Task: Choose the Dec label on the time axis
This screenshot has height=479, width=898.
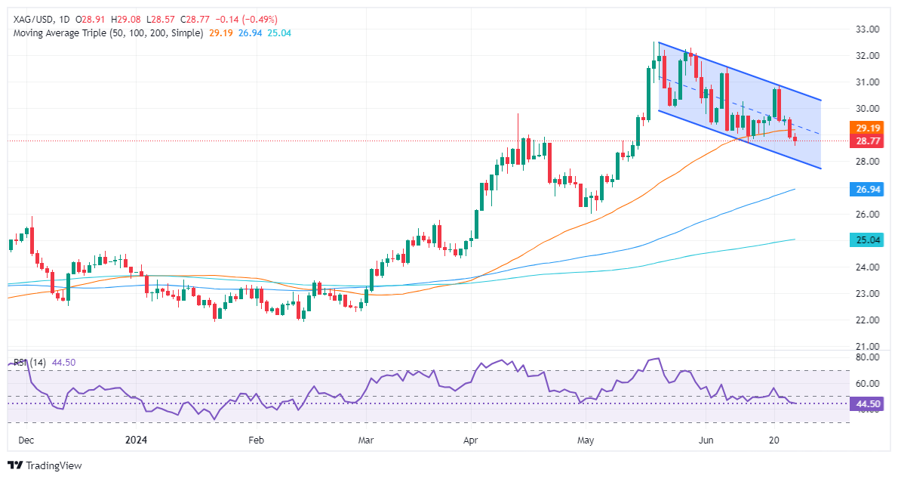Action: coord(26,439)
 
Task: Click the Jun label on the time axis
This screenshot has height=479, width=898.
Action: coord(706,439)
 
